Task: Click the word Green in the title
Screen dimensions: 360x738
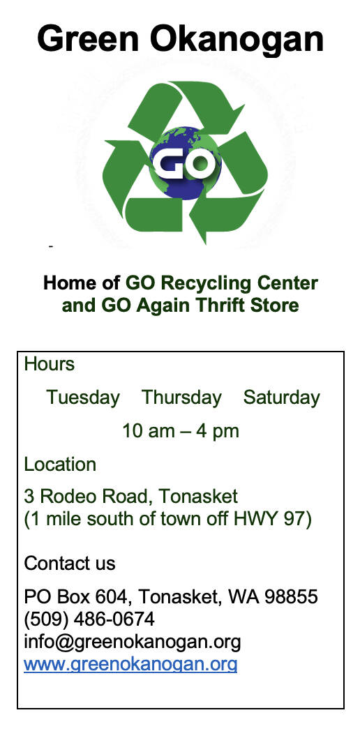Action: pyautogui.click(x=88, y=39)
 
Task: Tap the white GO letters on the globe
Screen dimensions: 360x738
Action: pyautogui.click(x=185, y=163)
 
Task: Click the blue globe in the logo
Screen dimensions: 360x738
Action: pyautogui.click(x=185, y=163)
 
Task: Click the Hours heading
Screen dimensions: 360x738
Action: pyautogui.click(x=50, y=364)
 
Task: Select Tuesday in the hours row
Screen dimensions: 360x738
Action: pyautogui.click(x=83, y=398)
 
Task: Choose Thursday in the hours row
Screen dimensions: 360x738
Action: pyautogui.click(x=181, y=398)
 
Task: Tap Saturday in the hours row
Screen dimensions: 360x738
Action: pyautogui.click(x=281, y=398)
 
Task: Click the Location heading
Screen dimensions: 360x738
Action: pyautogui.click(x=60, y=465)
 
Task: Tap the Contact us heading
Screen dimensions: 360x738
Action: pyautogui.click(x=70, y=563)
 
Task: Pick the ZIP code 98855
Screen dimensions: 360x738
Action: pyautogui.click(x=291, y=597)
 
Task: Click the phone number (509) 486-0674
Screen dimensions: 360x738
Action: pyautogui.click(x=89, y=619)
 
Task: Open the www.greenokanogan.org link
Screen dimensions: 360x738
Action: pyautogui.click(x=130, y=665)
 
